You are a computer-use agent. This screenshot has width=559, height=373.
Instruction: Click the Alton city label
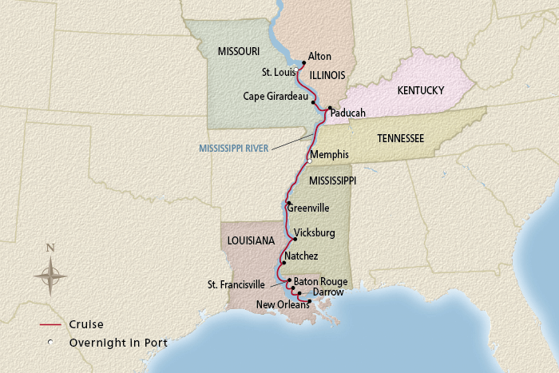click(319, 57)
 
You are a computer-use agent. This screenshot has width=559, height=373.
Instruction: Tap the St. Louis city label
click(279, 72)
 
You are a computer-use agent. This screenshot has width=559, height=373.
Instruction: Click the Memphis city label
click(330, 153)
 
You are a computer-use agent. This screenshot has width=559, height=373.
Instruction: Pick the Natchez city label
click(301, 256)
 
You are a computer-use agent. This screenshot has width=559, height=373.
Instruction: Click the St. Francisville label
click(240, 284)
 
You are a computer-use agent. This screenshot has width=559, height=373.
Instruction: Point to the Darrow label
click(328, 292)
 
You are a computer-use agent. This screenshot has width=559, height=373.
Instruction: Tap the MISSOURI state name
click(239, 51)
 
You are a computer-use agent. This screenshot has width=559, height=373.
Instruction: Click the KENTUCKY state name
click(420, 90)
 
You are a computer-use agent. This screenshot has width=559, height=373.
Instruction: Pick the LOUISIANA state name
click(249, 240)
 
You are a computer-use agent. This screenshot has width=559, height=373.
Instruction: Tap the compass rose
click(50, 276)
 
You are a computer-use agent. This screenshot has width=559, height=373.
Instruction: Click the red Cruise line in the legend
click(50, 325)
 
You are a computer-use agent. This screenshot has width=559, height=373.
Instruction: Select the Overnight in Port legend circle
click(50, 343)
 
